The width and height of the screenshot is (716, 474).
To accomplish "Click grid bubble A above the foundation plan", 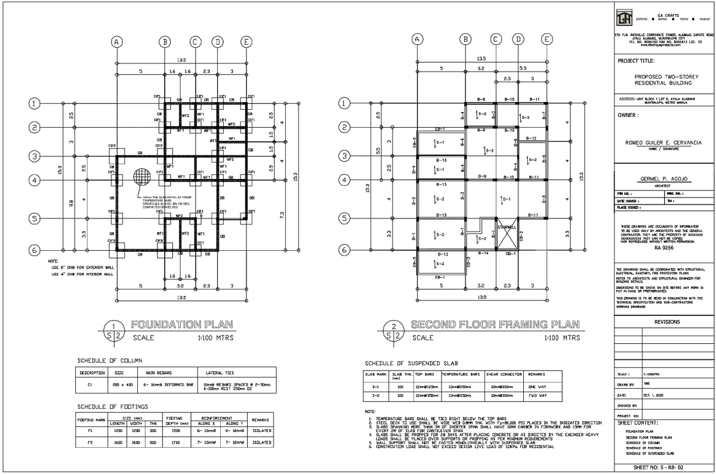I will point(117,41).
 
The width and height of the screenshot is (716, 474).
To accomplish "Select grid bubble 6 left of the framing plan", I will point(345,250).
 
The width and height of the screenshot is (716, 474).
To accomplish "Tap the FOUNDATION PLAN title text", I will point(182,325).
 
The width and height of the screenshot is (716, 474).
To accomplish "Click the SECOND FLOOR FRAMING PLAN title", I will point(495,325).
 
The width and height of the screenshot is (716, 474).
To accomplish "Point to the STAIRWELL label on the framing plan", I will point(507,227).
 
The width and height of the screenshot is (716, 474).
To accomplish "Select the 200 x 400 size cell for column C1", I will point(122,385).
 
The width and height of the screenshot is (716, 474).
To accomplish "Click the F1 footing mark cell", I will point(90,430).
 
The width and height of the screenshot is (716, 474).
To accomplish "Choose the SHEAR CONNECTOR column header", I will point(504,374).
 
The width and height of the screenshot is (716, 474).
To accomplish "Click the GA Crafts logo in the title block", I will point(625,18).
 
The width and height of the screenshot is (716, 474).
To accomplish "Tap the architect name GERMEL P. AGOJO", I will point(662,180).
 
